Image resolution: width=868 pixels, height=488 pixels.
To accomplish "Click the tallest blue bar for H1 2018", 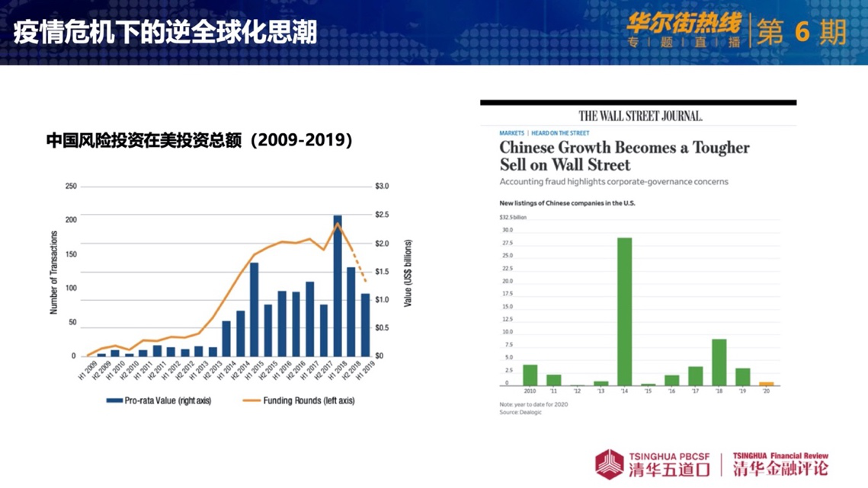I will [338, 285].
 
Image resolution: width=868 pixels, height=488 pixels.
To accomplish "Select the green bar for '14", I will [624, 311].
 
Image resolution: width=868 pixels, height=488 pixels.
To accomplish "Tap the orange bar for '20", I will [766, 384].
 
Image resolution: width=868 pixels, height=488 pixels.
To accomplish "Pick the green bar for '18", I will [719, 362].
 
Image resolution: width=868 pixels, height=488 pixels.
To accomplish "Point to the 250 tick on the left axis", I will [71, 187].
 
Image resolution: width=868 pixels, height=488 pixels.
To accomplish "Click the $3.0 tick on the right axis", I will [381, 187].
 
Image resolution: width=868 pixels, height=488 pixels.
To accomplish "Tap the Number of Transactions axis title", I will [54, 273].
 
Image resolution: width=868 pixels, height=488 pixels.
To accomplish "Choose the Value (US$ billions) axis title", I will [408, 273].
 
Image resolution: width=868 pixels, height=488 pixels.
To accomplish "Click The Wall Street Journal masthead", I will [639, 116].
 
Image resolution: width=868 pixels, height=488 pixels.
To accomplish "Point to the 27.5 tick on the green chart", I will [507, 243].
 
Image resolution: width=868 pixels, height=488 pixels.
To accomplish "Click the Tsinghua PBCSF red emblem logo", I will [609, 464].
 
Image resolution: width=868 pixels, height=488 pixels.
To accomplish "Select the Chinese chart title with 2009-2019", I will [200, 141].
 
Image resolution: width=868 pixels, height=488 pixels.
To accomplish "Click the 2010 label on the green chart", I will [530, 391].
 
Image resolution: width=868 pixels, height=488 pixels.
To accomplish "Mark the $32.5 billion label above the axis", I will [513, 217].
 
